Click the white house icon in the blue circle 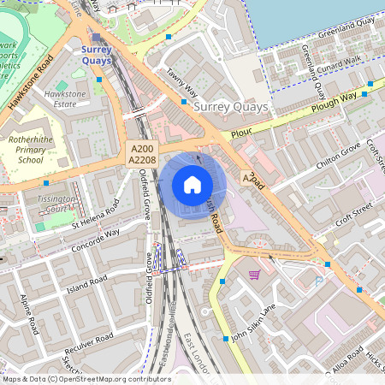[x=192, y=185]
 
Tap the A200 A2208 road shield [x=141, y=155]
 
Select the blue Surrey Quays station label [x=103, y=56]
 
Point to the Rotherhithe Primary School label [x=32, y=148]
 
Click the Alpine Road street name [x=29, y=315]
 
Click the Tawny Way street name [x=182, y=83]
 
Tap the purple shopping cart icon [x=254, y=275]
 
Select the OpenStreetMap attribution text [x=86, y=379]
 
